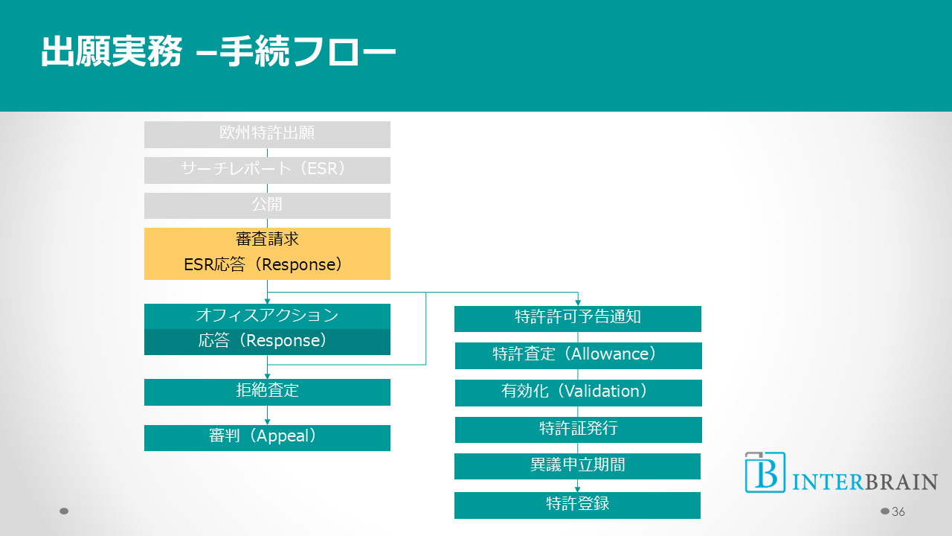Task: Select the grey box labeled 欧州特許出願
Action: [x=267, y=134]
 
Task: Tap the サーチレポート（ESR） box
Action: [x=267, y=170]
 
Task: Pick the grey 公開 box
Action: [x=267, y=205]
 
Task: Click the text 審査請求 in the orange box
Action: [x=267, y=240]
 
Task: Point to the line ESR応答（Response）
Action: [x=263, y=265]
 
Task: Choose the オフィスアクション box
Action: [x=267, y=316]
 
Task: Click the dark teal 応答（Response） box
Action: [x=267, y=342]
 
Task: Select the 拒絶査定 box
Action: [x=267, y=392]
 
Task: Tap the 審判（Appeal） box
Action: [x=267, y=438]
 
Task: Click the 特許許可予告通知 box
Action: [x=578, y=319]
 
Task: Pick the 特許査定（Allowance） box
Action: [x=578, y=355]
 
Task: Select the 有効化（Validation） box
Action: [x=578, y=392]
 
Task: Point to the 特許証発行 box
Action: [x=578, y=430]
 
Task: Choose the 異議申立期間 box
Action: [x=578, y=466]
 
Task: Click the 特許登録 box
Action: [x=578, y=505]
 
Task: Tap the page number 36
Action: [x=898, y=511]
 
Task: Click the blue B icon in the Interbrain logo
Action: [x=765, y=472]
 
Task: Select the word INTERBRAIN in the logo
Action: [x=865, y=482]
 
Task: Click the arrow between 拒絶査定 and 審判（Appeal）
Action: [x=267, y=415]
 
